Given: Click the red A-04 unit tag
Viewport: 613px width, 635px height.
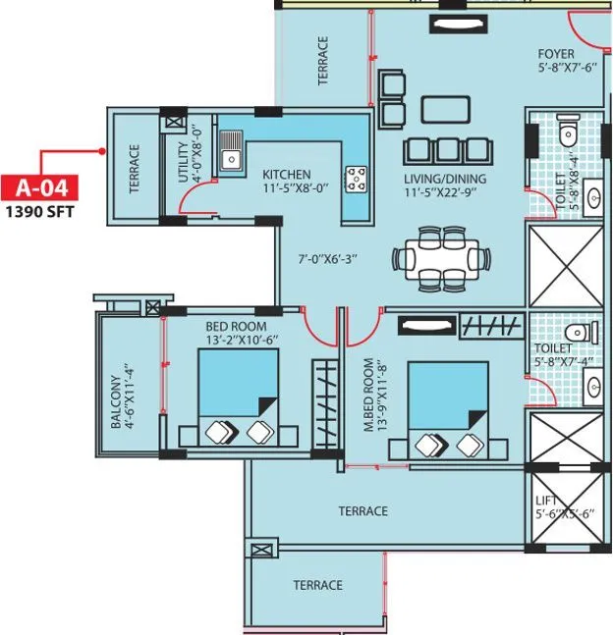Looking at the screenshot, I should pos(38,186).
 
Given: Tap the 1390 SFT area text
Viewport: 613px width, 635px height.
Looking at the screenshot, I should pos(38,209).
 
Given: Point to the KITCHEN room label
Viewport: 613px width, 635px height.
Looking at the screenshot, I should pos(287,174).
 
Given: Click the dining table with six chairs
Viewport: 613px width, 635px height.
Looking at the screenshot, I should pos(441,258).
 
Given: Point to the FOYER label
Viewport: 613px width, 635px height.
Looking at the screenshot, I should pos(562,54).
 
